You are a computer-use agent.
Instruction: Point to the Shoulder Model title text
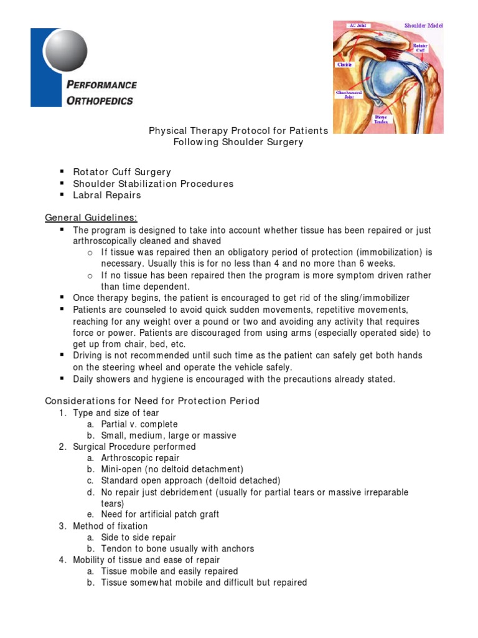tap(423, 26)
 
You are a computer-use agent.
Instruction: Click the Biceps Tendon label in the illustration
tap(380, 119)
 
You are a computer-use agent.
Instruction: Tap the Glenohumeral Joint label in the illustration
tap(346, 95)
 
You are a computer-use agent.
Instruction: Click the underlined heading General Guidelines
tap(91, 217)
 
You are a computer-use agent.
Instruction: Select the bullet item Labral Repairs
tap(107, 195)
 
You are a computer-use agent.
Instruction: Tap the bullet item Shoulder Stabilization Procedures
tap(153, 184)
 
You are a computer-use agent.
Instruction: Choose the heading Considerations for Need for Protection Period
tap(152, 401)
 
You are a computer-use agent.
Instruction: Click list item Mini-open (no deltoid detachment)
tap(172, 469)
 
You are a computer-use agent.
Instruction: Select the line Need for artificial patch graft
tap(160, 515)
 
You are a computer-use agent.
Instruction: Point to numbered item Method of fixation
tap(110, 526)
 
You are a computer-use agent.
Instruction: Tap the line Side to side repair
tap(138, 538)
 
